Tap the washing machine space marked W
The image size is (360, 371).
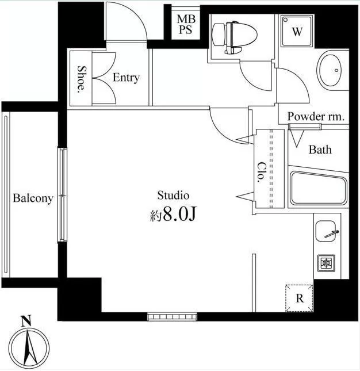[297, 30]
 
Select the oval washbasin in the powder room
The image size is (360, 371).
[330, 71]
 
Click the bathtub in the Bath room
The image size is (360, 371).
[319, 188]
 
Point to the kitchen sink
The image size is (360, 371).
[325, 231]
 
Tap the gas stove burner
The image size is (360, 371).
[327, 263]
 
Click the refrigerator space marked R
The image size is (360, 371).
[299, 298]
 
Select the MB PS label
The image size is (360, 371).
[186, 24]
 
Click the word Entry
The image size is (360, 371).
[126, 78]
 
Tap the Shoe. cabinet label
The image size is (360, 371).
[81, 79]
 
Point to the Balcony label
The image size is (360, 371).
[33, 198]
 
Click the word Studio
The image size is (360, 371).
[173, 196]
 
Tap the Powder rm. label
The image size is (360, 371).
[316, 116]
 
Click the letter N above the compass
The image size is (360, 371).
[26, 321]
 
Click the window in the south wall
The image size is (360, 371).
[172, 316]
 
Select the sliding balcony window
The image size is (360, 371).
[62, 195]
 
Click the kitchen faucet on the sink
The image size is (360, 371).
[332, 234]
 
